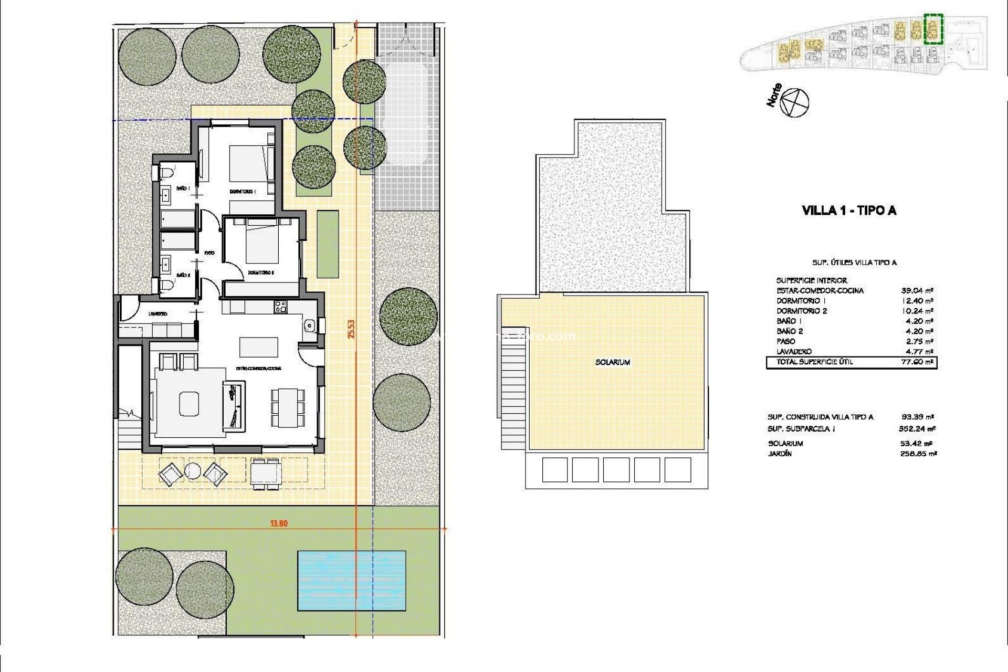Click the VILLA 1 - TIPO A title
[849, 211]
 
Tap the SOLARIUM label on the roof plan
[613, 362]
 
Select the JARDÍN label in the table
[779, 454]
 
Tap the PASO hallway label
[209, 253]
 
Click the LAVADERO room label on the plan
[157, 314]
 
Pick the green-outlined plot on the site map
[933, 28]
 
